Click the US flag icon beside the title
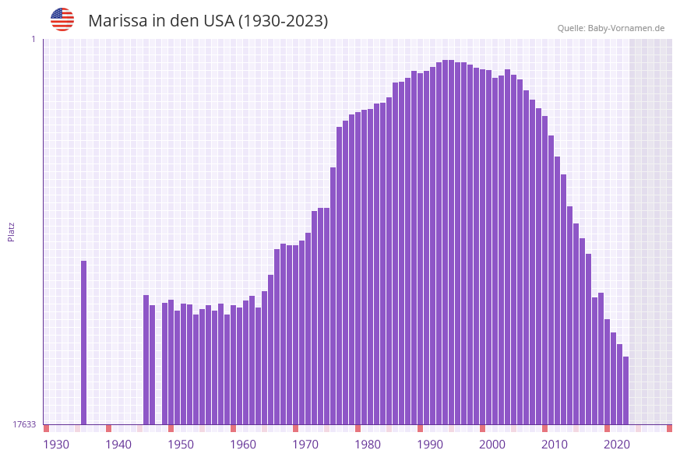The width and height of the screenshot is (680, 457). pos(62,19)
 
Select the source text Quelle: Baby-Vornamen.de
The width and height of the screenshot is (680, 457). pos(611,28)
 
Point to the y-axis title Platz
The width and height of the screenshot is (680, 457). pos(12,231)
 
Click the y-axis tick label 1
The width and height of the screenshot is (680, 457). pos(33,39)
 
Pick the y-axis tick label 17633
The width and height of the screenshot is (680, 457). pos(24,424)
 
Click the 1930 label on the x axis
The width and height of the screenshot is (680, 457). pos(56,445)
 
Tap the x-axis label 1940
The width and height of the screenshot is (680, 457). pos(118,445)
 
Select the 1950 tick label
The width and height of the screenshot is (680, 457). pos(181,445)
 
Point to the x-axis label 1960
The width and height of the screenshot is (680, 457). pos(243,445)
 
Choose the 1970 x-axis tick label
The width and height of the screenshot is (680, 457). pos(305,445)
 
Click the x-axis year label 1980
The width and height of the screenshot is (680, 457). pos(368,445)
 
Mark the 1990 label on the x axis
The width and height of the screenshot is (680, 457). pos(430,445)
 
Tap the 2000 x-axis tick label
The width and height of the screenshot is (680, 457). pos(492,445)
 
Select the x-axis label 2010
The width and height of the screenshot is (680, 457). pos(555,445)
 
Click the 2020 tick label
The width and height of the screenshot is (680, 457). pos(617,445)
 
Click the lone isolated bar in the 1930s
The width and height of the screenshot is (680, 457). pos(84,343)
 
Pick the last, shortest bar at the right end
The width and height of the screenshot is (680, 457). pos(625,390)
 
